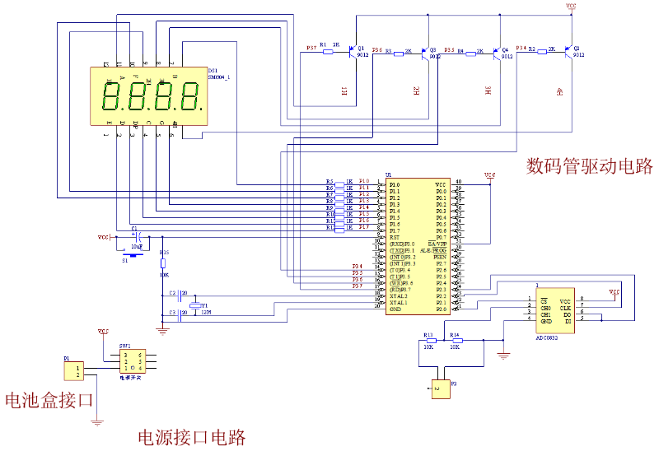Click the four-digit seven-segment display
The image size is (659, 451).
point(148,96)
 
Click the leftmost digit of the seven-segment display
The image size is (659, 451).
point(110,97)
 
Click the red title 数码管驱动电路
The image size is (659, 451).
point(589,166)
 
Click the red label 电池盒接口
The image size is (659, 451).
point(49,401)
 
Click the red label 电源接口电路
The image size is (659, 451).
point(191,437)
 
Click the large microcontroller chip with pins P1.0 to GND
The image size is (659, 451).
point(418,246)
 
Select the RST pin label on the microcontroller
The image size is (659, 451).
point(395,238)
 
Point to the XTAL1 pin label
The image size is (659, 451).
point(398,303)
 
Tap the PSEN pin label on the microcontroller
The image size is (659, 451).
point(439,258)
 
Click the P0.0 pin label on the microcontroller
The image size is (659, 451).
point(441,192)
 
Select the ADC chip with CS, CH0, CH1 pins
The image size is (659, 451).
point(555,310)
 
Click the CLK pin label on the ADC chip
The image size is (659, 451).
point(566,309)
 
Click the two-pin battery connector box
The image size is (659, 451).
point(73,370)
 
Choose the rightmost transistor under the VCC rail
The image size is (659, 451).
point(568,52)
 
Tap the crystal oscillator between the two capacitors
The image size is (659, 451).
point(195,306)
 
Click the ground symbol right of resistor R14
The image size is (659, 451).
point(503,356)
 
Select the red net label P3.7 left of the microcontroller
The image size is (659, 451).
point(358,286)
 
